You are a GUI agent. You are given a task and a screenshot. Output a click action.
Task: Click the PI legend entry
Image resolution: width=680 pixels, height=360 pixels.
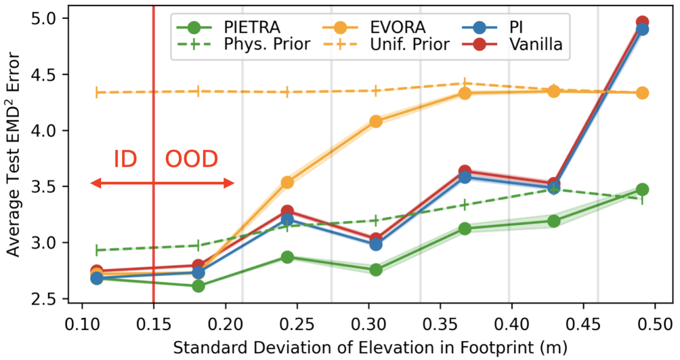[524, 26]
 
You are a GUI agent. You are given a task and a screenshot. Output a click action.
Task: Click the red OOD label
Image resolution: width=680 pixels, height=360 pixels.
[191, 159]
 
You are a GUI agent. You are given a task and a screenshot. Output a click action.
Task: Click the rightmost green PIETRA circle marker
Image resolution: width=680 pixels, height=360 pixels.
[642, 189]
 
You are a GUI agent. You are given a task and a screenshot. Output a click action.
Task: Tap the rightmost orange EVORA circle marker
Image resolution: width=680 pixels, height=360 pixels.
[642, 93]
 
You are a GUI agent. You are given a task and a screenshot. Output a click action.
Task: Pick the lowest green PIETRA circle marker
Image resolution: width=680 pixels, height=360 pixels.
[198, 285]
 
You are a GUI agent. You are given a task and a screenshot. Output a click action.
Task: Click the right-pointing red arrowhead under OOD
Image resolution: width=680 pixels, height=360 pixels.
[230, 183]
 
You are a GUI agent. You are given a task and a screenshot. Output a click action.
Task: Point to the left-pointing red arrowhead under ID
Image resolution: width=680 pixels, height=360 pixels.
[96, 183]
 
